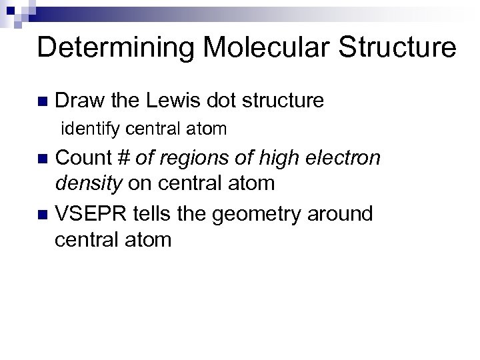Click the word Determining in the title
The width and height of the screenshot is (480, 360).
[x=107, y=49]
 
